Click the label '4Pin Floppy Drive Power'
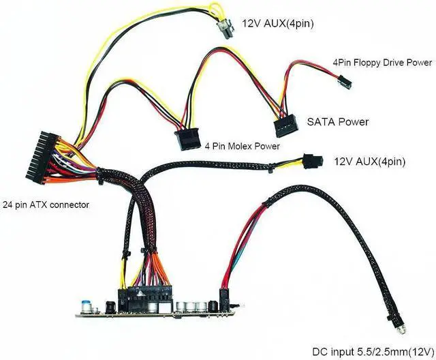click(x=381, y=63)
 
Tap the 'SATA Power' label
click(x=339, y=123)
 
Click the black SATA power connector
click(x=287, y=127)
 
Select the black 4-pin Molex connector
click(x=187, y=136)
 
